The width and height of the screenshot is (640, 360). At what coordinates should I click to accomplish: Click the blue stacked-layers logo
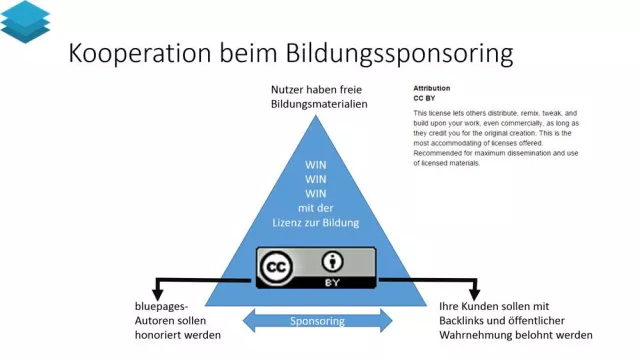pos(25,21)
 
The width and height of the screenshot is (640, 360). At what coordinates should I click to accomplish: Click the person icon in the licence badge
pos(332,263)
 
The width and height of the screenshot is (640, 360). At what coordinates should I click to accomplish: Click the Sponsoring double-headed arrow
pos(317,321)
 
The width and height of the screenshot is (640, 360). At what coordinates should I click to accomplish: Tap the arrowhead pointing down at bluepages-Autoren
pos(153,290)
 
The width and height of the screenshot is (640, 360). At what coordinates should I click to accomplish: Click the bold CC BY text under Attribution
pos(426,99)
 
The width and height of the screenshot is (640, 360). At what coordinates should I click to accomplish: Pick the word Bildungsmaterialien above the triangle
pos(317,104)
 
